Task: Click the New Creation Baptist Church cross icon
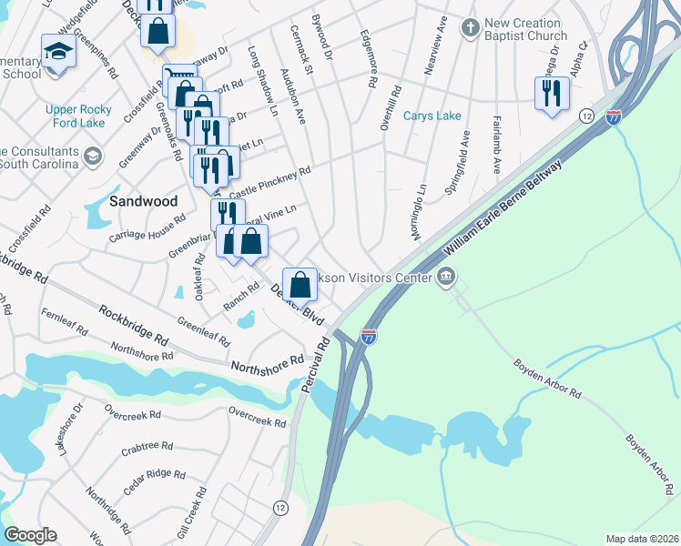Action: coord(469,27)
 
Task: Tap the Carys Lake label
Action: coord(432,116)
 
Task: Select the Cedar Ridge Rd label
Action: coord(148,480)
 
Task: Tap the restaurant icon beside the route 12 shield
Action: coord(552,94)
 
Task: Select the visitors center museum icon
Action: coord(446,277)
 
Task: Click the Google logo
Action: coord(30,535)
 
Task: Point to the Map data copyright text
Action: coord(642,539)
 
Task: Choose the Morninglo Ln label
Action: coord(418,211)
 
